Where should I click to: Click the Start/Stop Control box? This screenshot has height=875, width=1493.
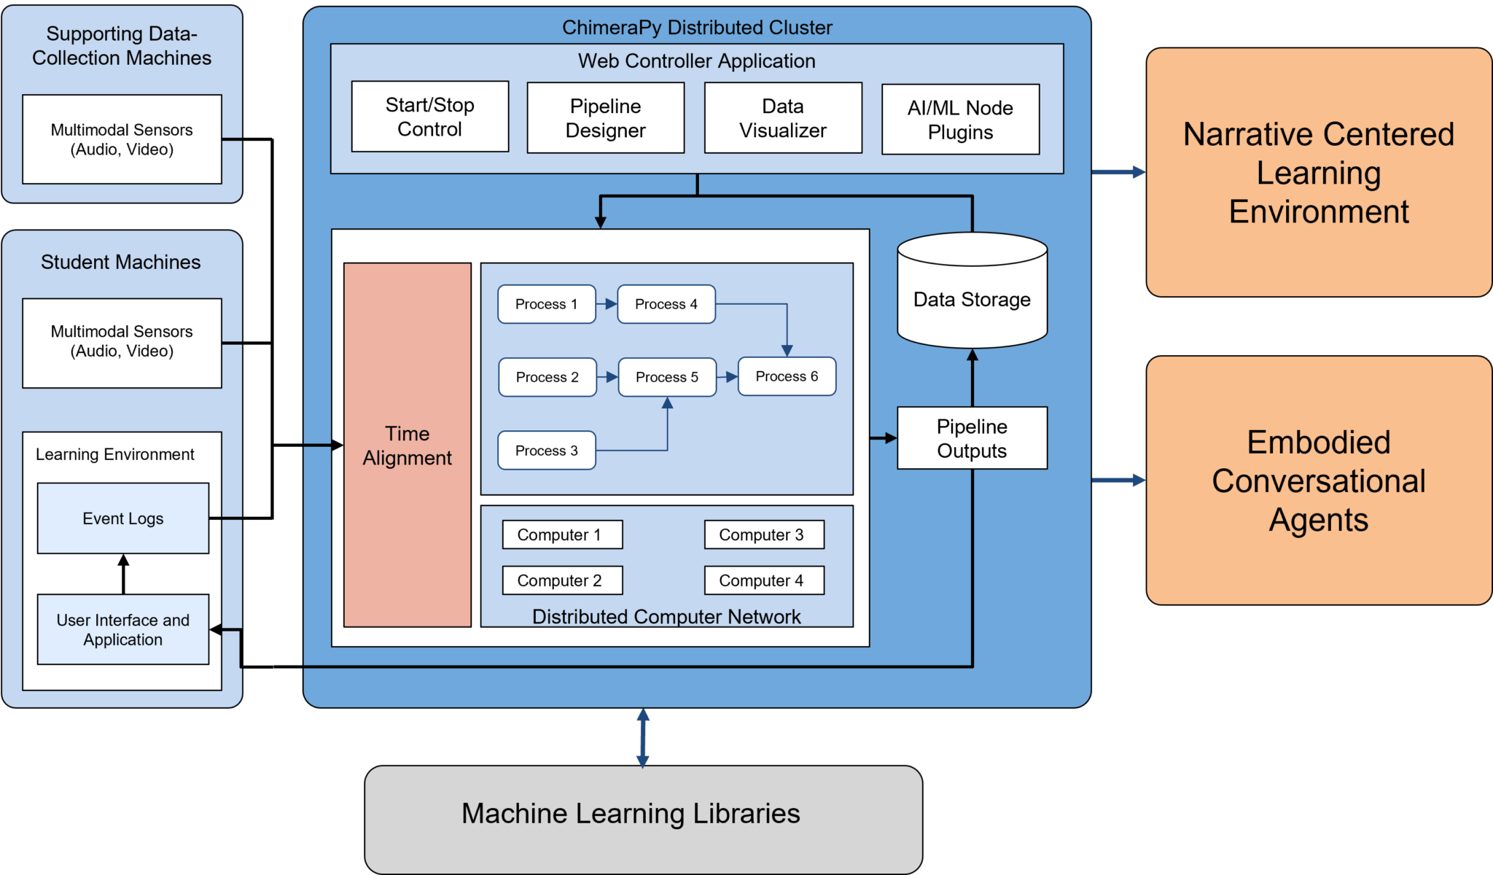tap(429, 117)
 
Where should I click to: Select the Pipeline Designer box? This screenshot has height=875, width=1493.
tap(605, 118)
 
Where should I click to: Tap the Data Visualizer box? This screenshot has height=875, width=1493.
tap(783, 118)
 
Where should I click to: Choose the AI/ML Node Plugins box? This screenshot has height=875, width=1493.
tap(960, 120)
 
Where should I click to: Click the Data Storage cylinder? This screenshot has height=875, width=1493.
tap(972, 299)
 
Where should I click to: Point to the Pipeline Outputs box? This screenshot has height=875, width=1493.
tap(972, 438)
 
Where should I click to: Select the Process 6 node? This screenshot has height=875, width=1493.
tap(787, 376)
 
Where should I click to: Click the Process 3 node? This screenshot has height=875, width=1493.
tap(546, 451)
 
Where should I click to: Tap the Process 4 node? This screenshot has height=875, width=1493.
tap(666, 304)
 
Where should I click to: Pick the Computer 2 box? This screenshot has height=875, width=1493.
tap(562, 580)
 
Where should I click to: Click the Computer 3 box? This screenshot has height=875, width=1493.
tap(764, 534)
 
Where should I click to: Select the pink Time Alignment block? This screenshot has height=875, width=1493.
tap(407, 445)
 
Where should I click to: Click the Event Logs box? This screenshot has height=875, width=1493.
tap(122, 518)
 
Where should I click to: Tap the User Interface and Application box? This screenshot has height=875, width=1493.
tap(122, 629)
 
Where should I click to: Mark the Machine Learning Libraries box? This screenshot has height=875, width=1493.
tap(643, 819)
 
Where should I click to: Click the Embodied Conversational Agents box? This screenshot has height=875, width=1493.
tap(1319, 481)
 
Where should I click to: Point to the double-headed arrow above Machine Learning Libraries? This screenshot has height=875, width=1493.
tap(642, 737)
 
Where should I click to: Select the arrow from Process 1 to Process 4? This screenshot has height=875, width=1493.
tap(607, 304)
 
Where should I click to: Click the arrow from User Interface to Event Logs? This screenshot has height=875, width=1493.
tap(123, 574)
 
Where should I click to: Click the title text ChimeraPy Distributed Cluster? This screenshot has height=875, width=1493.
tap(697, 28)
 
